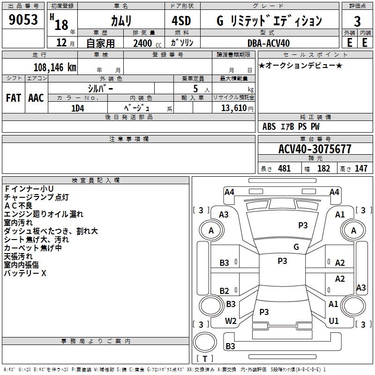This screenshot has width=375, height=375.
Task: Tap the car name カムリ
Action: pyautogui.click(x=121, y=21)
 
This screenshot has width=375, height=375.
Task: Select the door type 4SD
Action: pyautogui.click(x=182, y=21)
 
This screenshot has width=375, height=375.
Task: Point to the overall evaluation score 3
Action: pyautogui.click(x=357, y=22)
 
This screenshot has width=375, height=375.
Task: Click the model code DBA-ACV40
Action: pyautogui.click(x=269, y=43)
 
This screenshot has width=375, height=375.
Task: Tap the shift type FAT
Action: pyautogui.click(x=13, y=98)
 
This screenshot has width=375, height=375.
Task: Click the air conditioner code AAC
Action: pyautogui.click(x=36, y=98)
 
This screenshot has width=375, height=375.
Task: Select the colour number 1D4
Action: pyautogui.click(x=77, y=108)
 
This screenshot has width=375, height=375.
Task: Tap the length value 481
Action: pyautogui.click(x=284, y=169)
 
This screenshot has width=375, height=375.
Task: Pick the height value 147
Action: pyautogui.click(x=361, y=169)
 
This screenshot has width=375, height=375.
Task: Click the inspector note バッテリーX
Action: pyautogui.click(x=25, y=273)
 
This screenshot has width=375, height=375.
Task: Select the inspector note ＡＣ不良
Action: pyautogui.click(x=18, y=205)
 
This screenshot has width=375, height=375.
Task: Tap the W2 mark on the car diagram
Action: pyautogui.click(x=231, y=321)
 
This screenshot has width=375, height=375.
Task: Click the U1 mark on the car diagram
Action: pyautogui.click(x=334, y=321)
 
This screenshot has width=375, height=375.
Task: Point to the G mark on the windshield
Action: pyautogui.click(x=296, y=247)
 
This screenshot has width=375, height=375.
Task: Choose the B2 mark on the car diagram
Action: pyautogui.click(x=225, y=291)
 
